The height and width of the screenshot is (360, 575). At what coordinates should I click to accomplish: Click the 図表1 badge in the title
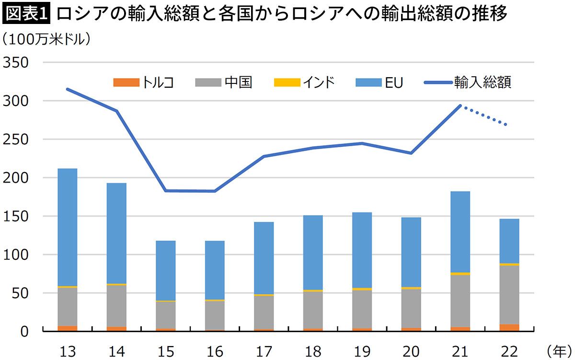26,15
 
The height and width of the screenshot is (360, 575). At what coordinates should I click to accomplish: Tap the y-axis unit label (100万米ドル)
46,39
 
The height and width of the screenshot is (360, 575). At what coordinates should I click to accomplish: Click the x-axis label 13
68,351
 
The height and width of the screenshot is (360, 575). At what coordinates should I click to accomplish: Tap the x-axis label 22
509,351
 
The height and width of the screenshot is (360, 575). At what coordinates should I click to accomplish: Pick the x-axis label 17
264,351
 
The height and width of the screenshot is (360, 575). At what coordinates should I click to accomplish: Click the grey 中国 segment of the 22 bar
509,295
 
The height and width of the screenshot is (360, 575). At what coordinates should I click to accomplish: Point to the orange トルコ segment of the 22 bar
509,327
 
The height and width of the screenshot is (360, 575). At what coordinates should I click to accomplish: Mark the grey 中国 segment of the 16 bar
215,315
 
